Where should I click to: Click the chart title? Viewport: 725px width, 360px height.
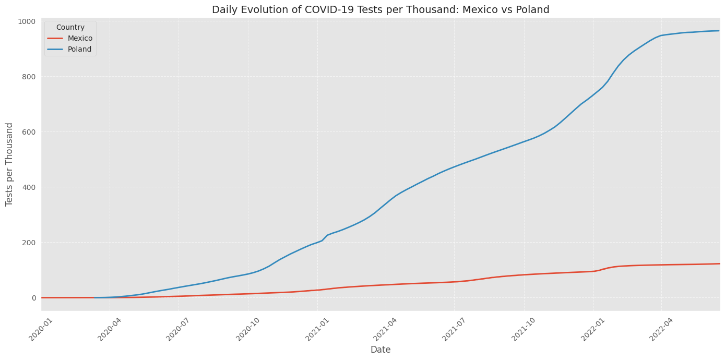381,9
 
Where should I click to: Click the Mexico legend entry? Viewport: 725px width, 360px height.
80,39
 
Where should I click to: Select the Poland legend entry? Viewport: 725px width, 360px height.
79,50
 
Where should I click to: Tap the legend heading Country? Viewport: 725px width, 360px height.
70,28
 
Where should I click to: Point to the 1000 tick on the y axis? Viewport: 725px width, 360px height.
27,21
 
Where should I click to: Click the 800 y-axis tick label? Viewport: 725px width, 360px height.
29,77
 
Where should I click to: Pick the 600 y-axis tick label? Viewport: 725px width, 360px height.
29,132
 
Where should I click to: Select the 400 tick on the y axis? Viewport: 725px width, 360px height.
29,187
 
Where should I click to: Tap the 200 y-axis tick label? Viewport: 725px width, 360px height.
29,243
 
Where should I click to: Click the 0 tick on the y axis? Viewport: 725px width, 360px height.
33,298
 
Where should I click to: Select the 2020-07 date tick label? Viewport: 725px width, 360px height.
179,329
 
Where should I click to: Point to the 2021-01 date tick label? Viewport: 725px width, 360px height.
317,329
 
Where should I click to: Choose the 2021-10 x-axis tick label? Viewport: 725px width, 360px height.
524,329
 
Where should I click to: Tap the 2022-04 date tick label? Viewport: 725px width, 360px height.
661,329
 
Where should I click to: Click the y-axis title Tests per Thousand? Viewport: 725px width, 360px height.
9,164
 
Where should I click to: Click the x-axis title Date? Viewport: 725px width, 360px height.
381,350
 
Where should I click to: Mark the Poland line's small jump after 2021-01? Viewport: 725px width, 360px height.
327,235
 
